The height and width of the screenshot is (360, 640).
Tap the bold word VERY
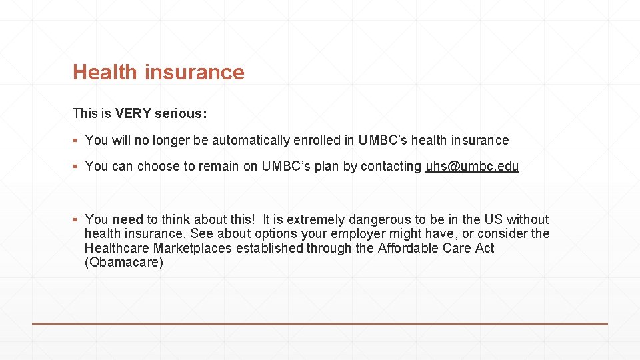coord(133,113)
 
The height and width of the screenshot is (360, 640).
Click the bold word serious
coord(180,113)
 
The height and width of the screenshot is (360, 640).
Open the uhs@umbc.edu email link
coord(472,167)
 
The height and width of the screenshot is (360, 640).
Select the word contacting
coord(391,167)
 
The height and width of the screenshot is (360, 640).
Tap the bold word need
coord(127,219)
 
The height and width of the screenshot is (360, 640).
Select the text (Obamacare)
coord(124,262)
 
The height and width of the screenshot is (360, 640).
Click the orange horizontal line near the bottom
coord(320,324)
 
